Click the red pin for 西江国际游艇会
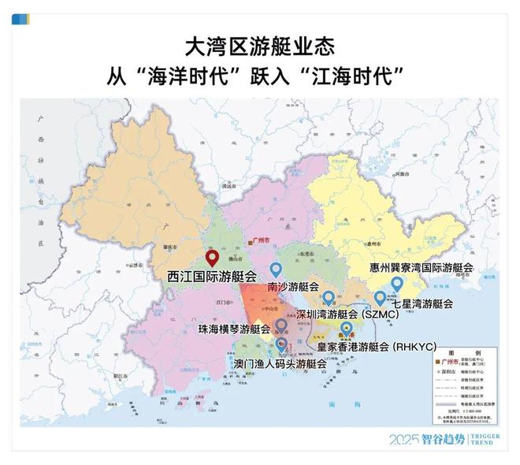coord(211,258)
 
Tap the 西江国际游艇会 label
coord(212,277)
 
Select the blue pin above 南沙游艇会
coord(276,270)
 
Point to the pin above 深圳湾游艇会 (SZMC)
coord(329,298)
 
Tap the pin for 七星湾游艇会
coord(381,298)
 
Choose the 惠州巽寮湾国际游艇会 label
coord(422,268)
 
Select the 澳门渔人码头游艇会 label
coord(280,364)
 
